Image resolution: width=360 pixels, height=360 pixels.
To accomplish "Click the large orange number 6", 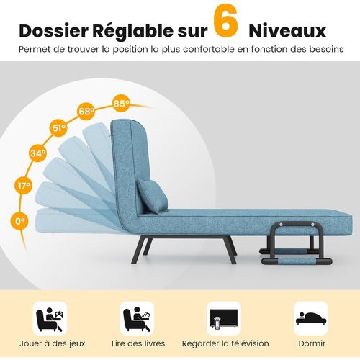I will [x=226, y=23].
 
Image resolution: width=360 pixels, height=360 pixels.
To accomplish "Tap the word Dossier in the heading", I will [x=57, y=30].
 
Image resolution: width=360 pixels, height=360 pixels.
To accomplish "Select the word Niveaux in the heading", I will [x=287, y=30].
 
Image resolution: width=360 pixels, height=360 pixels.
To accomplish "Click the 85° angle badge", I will [x=122, y=103].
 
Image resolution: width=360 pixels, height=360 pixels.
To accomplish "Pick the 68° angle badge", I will [x=87, y=112].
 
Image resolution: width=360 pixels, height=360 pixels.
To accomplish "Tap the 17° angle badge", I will [x=24, y=186].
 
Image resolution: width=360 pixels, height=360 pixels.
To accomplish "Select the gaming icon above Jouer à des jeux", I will [x=49, y=317].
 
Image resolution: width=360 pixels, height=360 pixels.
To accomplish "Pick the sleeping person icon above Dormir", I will [x=310, y=317].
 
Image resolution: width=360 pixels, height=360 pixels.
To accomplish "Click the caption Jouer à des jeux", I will [x=50, y=343].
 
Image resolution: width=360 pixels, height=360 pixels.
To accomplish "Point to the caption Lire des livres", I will [x=136, y=343].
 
